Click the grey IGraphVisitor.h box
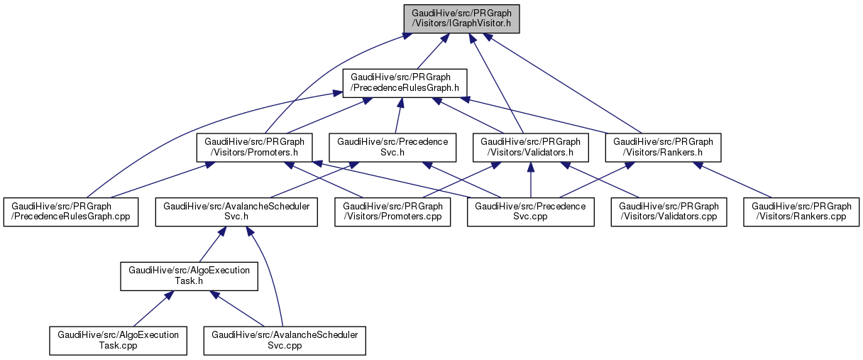(x=461, y=18)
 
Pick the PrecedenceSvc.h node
(x=392, y=147)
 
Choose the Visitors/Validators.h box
(x=532, y=147)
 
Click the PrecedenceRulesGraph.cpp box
(x=71, y=212)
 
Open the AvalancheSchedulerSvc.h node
(x=236, y=212)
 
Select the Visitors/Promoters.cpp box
(x=393, y=212)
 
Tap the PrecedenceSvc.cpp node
(x=530, y=212)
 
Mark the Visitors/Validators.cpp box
(x=669, y=212)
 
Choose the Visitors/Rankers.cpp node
(x=801, y=212)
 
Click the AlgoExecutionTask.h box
(x=189, y=276)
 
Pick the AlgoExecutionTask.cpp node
(x=118, y=340)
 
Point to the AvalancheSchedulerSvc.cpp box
(x=285, y=340)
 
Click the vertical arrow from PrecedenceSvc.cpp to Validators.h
(x=532, y=181)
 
